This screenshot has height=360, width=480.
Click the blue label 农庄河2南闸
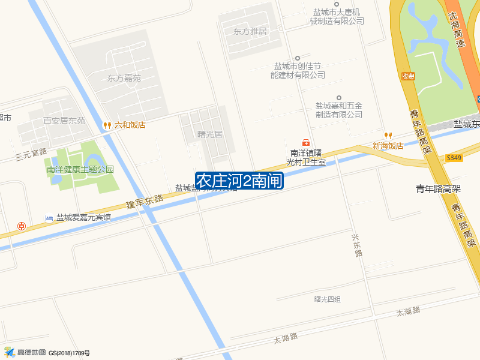tap(239, 181)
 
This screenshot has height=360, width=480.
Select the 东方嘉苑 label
tap(124, 78)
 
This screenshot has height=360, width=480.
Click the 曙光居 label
tap(210, 134)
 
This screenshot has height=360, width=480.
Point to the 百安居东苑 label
tap(64, 121)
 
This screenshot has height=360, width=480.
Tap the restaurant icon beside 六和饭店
tap(107, 125)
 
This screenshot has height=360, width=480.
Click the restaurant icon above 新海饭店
tap(388, 135)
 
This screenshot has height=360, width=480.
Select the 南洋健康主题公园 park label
tap(80, 169)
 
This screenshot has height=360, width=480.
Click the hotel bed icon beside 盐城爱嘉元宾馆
tap(49, 218)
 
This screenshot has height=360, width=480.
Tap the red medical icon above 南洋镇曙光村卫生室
tap(306, 143)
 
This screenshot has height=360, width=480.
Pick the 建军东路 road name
tap(145, 202)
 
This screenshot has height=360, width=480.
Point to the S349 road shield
tap(454, 157)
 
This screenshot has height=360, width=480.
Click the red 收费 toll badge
tap(409, 76)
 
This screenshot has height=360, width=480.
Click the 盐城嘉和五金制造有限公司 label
tap(339, 109)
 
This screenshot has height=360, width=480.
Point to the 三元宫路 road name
tap(31, 155)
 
